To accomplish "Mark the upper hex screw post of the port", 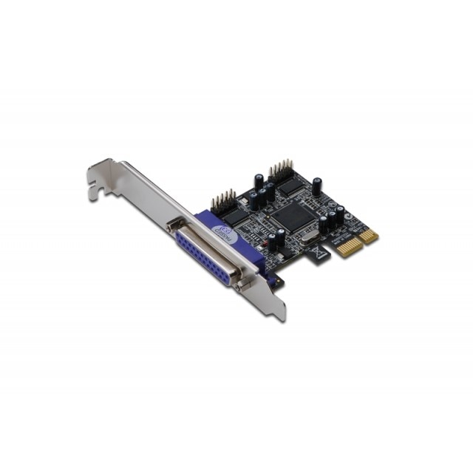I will point(172,225).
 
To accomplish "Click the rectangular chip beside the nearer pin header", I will point(234,216).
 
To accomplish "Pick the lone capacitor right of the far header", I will point(316,186).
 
